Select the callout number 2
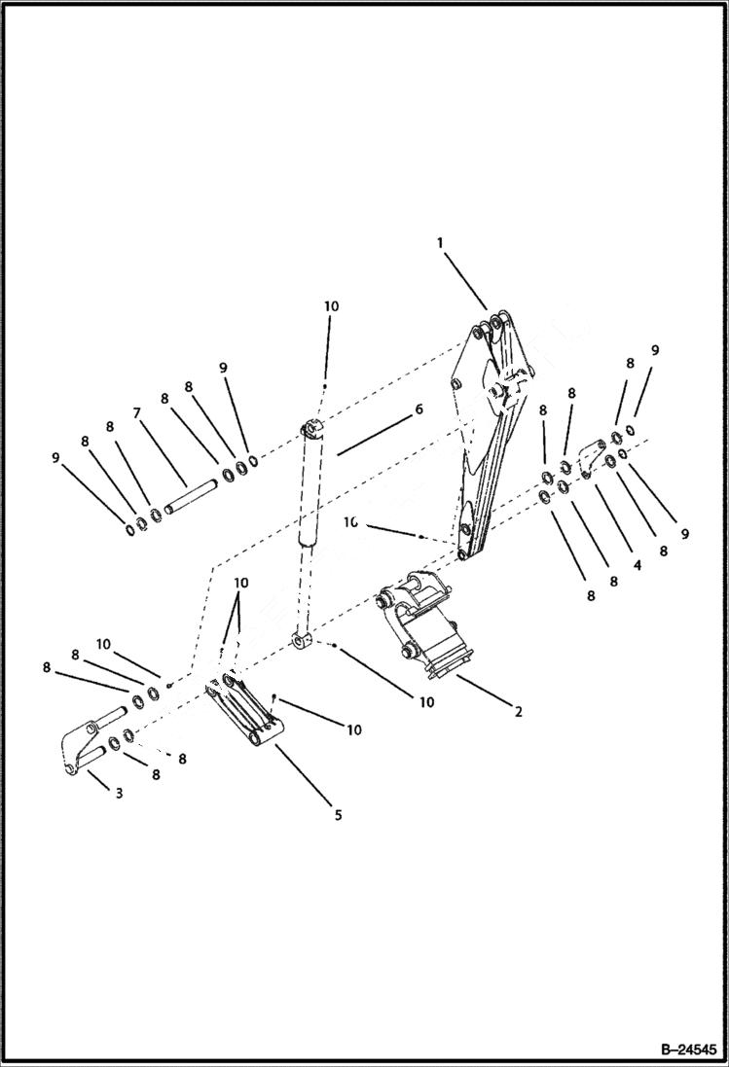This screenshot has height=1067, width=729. (519, 712)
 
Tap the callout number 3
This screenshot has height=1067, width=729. (119, 794)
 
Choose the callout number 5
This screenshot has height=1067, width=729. (338, 815)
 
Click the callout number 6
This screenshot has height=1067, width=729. (419, 409)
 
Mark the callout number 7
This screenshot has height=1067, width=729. (138, 413)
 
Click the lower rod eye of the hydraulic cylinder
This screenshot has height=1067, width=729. (303, 641)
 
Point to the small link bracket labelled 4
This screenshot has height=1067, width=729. (590, 457)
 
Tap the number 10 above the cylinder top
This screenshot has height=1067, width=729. (331, 305)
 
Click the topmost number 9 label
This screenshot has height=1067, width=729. (655, 350)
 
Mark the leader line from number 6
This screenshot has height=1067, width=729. (375, 433)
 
